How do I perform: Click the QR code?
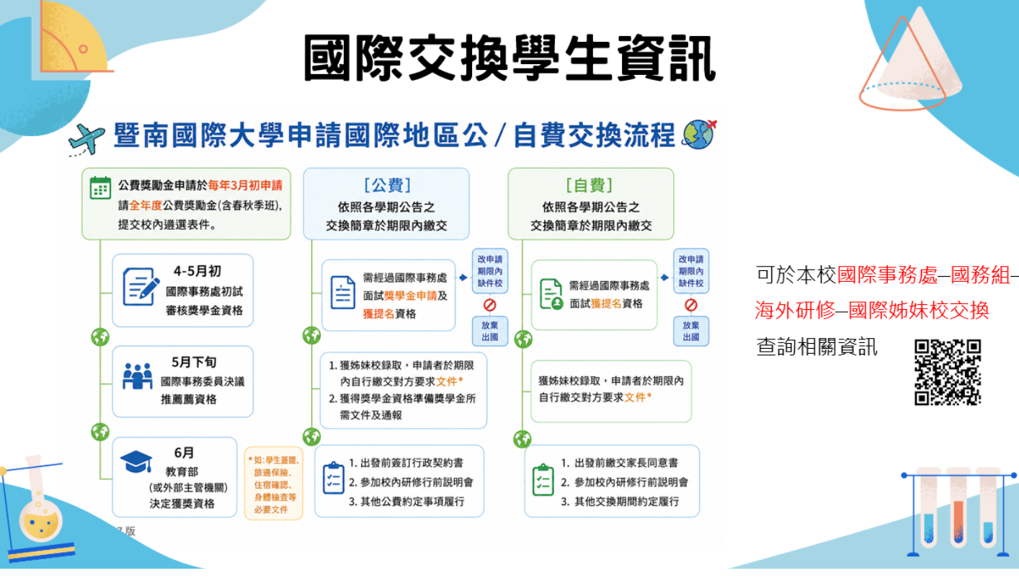(948, 372)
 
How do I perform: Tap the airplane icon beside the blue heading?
(86, 139)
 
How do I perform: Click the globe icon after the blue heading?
(699, 135)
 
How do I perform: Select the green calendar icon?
(101, 188)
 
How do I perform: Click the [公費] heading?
(387, 185)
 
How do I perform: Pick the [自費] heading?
(589, 185)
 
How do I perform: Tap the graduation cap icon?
(136, 462)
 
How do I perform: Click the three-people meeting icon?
(138, 375)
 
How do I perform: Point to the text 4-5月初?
(197, 271)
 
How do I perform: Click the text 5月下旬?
(194, 362)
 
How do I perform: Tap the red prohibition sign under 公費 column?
(489, 305)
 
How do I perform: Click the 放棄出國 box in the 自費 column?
(691, 331)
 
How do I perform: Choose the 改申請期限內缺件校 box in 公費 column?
(490, 271)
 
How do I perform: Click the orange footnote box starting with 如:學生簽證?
(273, 484)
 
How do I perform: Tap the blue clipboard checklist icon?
(334, 478)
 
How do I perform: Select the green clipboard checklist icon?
(543, 480)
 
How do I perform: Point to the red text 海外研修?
(795, 311)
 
